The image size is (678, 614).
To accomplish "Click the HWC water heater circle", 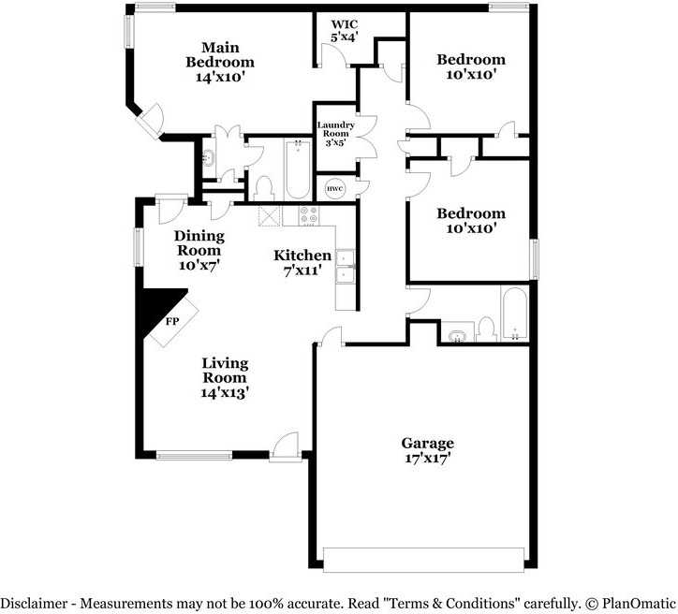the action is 334,189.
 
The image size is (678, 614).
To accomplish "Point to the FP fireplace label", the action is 172,321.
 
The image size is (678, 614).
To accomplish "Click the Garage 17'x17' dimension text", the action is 428,458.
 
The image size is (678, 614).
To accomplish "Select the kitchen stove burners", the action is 310,214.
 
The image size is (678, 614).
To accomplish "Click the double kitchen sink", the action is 345,267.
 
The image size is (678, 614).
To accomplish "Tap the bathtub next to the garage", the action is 514,314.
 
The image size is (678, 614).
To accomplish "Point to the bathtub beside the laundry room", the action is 298,169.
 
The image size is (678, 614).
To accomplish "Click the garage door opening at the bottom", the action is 423,560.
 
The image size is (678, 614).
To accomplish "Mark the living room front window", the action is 194,455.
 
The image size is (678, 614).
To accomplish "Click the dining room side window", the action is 139,247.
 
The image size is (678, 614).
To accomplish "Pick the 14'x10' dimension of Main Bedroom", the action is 220,78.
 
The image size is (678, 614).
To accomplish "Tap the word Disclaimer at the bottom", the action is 34,603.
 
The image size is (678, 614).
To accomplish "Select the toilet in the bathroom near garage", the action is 486,329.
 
